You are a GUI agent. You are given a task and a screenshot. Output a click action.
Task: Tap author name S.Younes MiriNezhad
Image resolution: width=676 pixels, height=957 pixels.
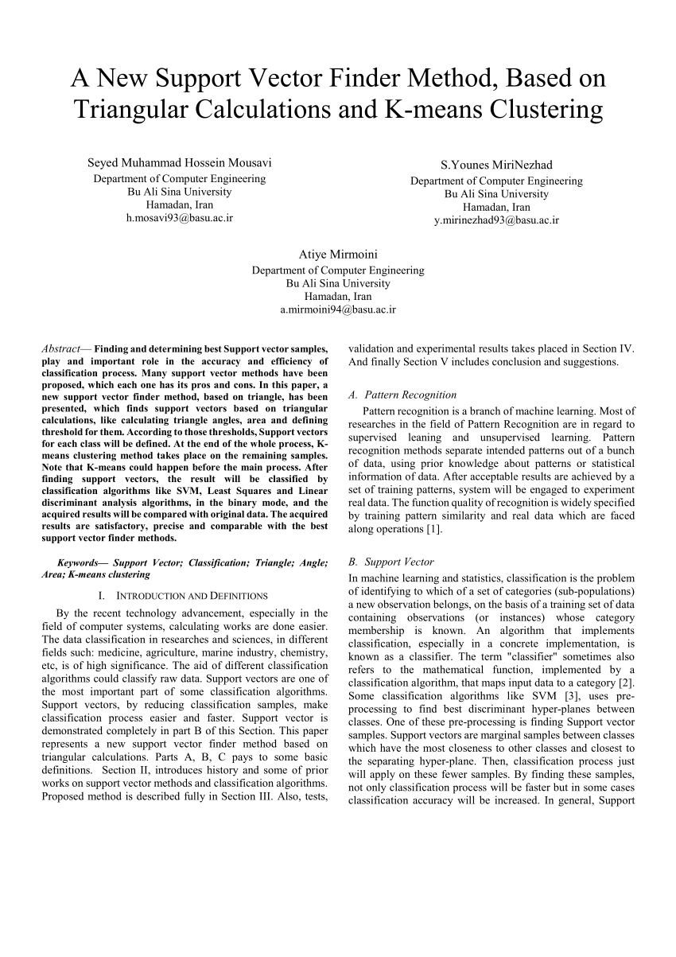pos(496,165)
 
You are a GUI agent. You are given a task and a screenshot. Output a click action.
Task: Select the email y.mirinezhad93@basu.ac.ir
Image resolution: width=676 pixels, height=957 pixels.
pos(496,220)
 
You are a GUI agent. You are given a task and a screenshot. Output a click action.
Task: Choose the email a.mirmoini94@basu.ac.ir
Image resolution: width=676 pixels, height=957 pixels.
pos(338,309)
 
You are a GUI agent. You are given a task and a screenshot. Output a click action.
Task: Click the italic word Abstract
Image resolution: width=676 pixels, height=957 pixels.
pos(60,348)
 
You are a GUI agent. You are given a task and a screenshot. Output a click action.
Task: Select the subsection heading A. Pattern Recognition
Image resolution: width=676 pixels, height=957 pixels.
pos(402,394)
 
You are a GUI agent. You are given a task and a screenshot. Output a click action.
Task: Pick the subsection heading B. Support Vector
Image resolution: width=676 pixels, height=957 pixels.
pos(391,562)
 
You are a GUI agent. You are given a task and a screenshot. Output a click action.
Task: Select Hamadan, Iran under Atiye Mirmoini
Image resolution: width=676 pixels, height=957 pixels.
pos(338,296)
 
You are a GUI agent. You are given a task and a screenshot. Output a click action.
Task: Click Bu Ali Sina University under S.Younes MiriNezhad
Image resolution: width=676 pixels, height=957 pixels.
pos(496,193)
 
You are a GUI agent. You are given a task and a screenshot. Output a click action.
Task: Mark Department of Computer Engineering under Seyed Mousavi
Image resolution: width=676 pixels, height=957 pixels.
pos(180,178)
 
